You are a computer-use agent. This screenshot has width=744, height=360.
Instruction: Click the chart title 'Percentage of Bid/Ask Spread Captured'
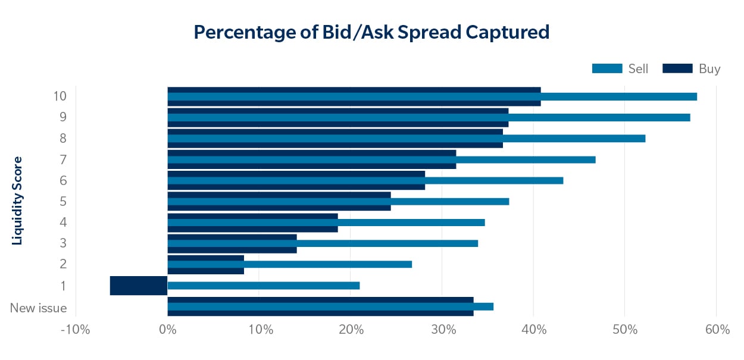[x=371, y=32]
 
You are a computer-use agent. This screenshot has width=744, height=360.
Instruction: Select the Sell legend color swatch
[x=607, y=68]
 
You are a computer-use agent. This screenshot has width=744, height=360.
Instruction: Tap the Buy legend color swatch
[x=677, y=68]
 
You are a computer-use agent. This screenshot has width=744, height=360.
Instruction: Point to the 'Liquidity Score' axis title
[x=17, y=201]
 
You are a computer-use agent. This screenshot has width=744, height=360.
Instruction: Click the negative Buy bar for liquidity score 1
[x=139, y=286]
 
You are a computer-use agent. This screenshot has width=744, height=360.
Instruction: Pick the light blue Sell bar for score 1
[x=264, y=286]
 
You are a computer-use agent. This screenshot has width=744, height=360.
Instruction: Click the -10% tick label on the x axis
[x=75, y=330]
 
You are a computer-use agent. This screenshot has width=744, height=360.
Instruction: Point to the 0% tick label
[x=168, y=330]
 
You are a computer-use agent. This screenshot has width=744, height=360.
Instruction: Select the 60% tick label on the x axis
[x=716, y=330]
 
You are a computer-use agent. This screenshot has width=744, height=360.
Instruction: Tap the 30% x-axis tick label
[x=442, y=330]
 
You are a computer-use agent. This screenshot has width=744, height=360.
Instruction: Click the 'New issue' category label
[x=38, y=308]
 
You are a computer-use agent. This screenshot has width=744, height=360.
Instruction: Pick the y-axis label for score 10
[x=60, y=96]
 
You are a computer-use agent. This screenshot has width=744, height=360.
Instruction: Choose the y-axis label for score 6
[x=63, y=180]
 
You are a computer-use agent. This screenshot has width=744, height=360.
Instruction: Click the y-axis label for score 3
[x=63, y=243]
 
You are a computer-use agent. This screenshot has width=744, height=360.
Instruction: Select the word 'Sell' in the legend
[x=639, y=68]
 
